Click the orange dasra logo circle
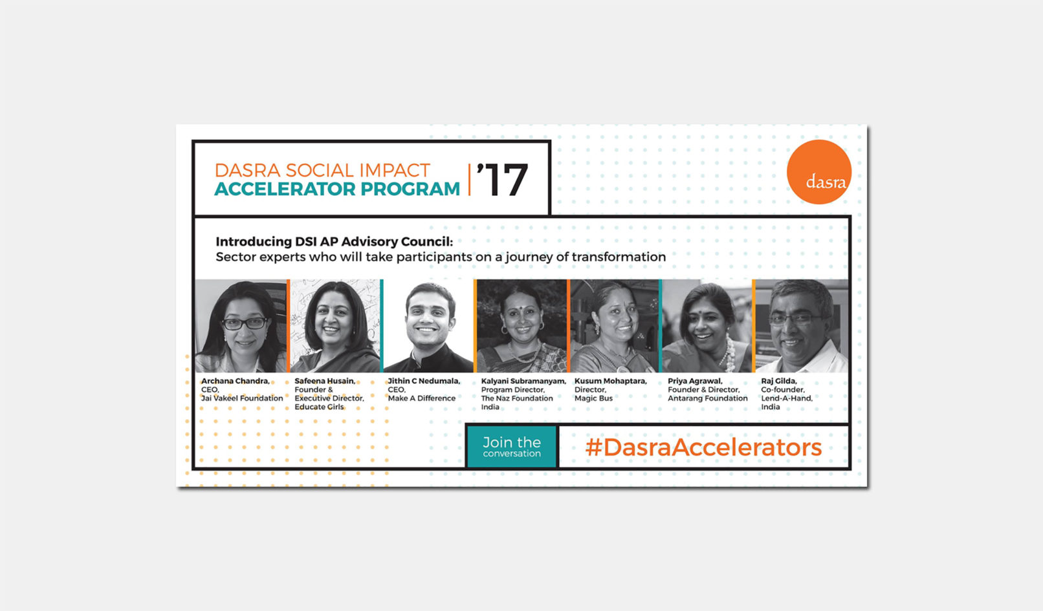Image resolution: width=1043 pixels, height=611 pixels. pos(818,172)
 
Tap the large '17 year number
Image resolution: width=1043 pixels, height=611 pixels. pos(503,180)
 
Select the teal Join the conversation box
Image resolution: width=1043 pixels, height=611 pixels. pos(511,446)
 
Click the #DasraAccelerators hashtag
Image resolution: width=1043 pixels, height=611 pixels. pos(703,447)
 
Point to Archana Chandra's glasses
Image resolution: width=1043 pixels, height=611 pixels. pos(243,323)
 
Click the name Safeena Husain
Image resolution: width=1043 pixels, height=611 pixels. pos(324,381)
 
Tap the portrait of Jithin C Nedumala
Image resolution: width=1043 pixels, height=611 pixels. pos(428,326)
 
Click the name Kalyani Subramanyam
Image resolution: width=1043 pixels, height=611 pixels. pos(523,381)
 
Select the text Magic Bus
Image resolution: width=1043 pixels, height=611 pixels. pos(593,398)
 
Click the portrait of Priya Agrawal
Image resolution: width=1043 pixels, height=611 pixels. pos(707,326)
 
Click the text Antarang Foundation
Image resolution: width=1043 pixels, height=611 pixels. pos(707,398)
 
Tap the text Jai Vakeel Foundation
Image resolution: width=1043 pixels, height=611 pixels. pos(242,398)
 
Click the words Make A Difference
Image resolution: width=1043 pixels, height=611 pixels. pos(421,398)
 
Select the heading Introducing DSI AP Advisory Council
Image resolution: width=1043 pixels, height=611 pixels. pos(334,242)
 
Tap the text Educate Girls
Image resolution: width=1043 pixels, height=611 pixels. pos(319,407)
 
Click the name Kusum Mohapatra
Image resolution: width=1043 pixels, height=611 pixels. pos(610,381)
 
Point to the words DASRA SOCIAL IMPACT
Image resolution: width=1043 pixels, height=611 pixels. pos(322,170)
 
